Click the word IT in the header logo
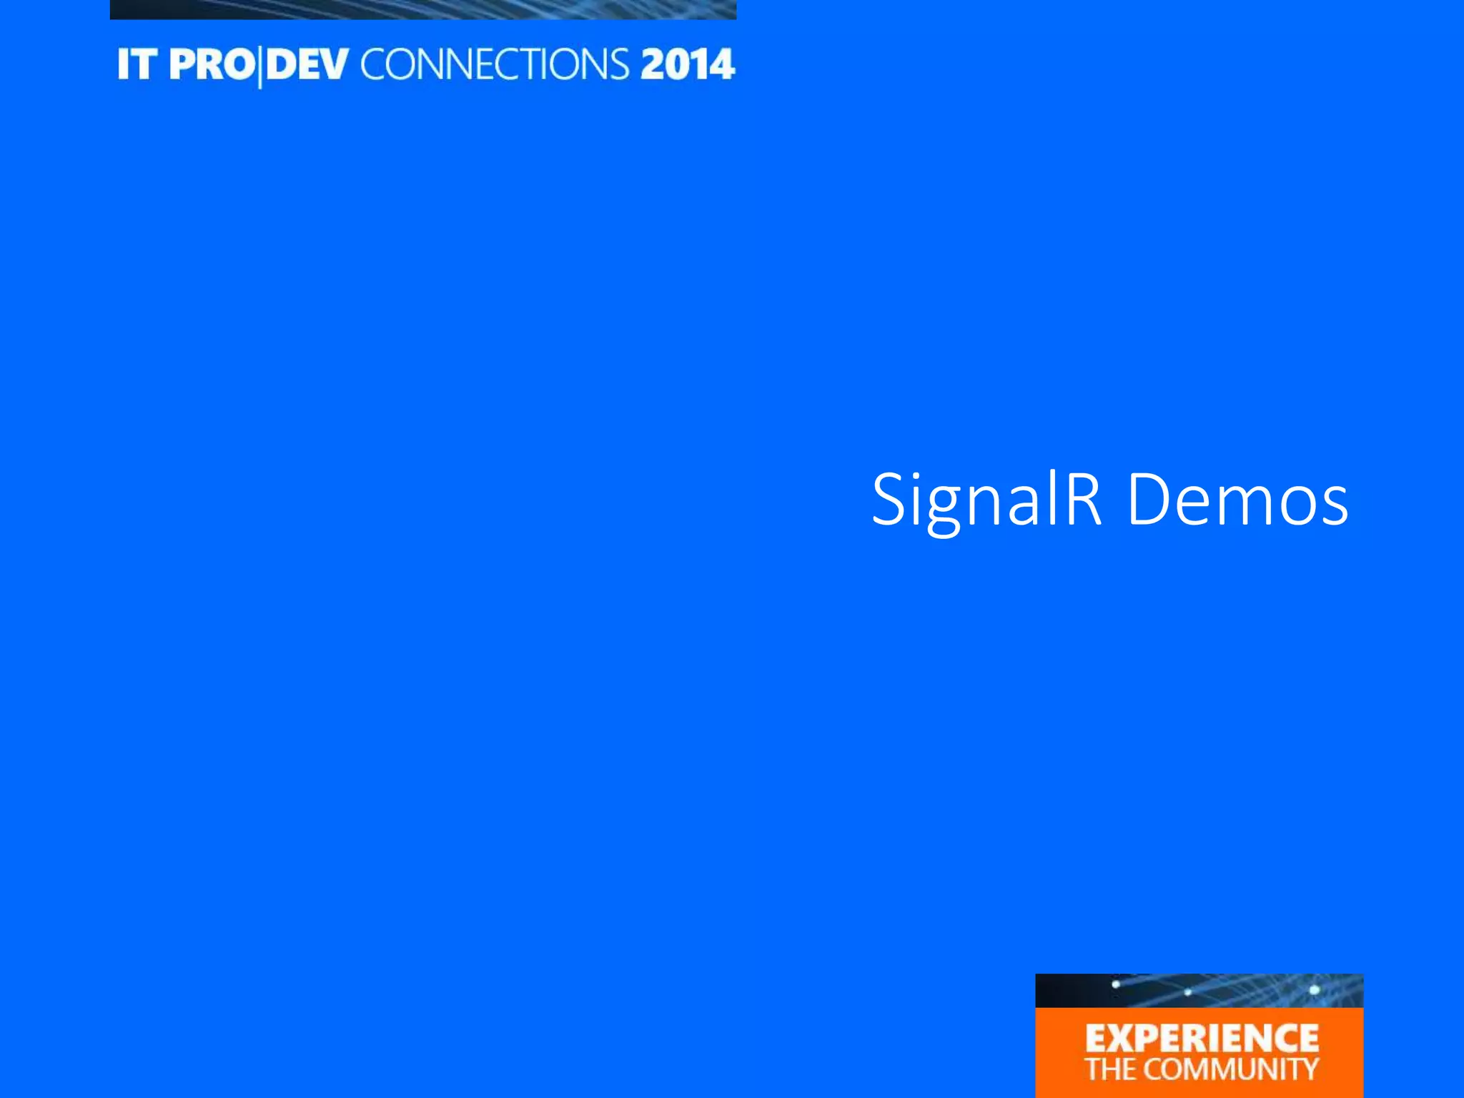(137, 64)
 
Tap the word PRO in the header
(212, 64)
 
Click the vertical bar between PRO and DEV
(259, 66)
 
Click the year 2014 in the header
(687, 64)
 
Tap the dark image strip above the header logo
(422, 9)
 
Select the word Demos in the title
(1237, 500)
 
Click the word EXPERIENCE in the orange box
(1202, 1039)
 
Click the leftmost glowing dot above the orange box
(1115, 985)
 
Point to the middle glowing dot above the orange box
(1187, 992)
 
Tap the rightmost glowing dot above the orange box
(1314, 990)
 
